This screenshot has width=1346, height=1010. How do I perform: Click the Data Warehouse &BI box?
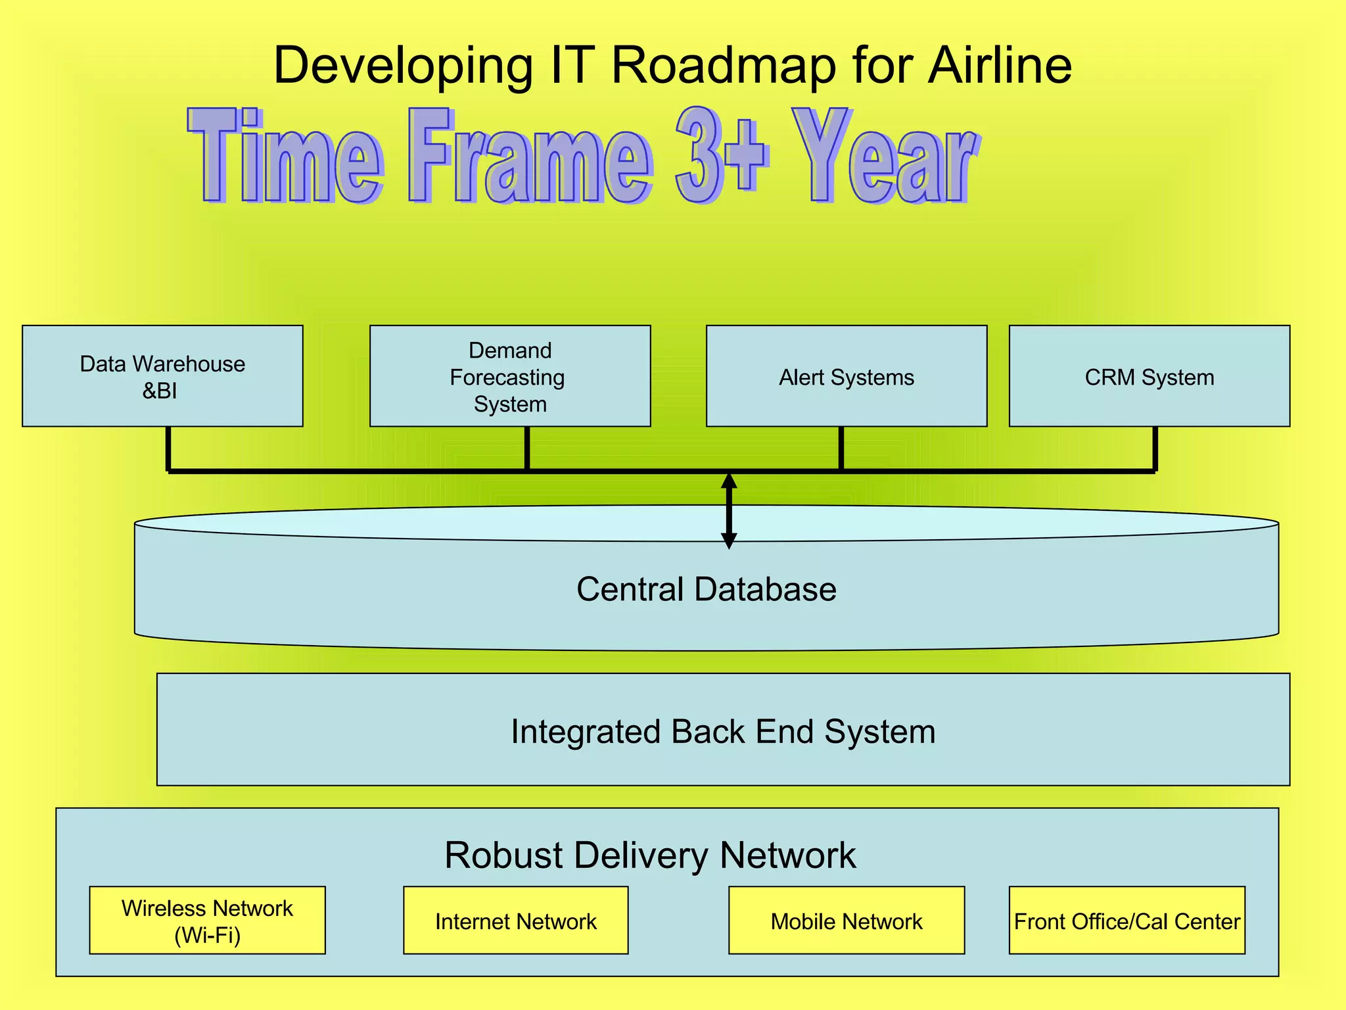(x=162, y=376)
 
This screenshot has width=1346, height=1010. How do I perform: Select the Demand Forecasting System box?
(x=510, y=376)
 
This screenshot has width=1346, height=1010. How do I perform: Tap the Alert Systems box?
(x=847, y=376)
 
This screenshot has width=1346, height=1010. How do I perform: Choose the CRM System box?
(x=1149, y=376)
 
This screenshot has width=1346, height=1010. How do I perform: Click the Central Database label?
(x=706, y=589)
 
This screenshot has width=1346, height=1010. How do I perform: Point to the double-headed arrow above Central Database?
(x=728, y=510)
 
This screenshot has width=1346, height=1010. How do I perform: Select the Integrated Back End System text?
(x=723, y=731)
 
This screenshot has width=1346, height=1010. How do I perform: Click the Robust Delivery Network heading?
(x=650, y=855)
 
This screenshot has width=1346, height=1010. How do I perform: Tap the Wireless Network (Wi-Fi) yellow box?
(x=207, y=921)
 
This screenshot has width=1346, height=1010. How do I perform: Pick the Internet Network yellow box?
(x=515, y=921)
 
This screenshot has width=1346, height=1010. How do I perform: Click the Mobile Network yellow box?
(x=847, y=921)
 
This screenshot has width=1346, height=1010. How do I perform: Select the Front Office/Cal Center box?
(x=1126, y=921)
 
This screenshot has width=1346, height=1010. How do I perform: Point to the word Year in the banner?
(x=884, y=158)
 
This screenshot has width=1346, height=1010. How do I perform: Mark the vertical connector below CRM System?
(x=1155, y=448)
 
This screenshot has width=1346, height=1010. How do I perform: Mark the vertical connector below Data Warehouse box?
(x=169, y=448)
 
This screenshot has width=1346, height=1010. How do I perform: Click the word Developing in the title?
(x=403, y=66)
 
